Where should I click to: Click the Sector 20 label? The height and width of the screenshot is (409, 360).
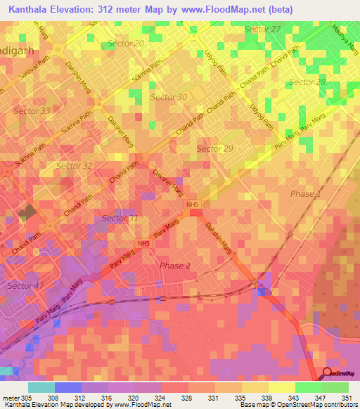click(x=127, y=44)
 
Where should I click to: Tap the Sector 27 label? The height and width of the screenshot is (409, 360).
click(x=262, y=29)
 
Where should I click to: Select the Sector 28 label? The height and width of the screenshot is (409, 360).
click(x=307, y=82)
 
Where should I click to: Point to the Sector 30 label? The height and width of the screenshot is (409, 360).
click(x=169, y=97)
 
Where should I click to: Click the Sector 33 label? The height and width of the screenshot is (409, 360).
click(x=32, y=111)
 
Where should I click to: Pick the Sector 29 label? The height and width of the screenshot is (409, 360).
click(x=214, y=148)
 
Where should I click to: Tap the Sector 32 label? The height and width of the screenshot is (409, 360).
click(x=74, y=166)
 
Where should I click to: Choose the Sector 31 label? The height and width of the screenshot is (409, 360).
click(x=120, y=219)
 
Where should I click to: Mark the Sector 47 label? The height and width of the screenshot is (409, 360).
click(x=25, y=286)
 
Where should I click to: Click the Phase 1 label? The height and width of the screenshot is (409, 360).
click(x=306, y=193)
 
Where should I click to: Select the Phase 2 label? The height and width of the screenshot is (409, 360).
click(x=174, y=266)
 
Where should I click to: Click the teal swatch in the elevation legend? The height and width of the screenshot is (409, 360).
click(x=41, y=387)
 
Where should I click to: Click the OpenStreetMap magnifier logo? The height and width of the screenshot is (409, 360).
click(x=328, y=374)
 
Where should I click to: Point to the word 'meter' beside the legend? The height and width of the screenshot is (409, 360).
click(x=11, y=398)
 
